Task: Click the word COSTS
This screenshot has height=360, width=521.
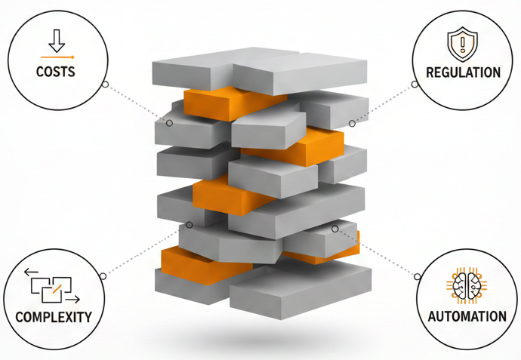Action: click(x=55, y=72)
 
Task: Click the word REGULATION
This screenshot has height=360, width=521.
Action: click(x=463, y=73)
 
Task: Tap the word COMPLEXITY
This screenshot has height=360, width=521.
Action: click(x=54, y=316)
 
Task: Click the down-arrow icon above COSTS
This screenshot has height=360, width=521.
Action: click(x=56, y=39)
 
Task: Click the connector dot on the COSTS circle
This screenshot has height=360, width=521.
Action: click(x=105, y=84)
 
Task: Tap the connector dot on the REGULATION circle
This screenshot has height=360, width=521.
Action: click(x=415, y=84)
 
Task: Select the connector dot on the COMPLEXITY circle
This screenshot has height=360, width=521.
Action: click(x=103, y=276)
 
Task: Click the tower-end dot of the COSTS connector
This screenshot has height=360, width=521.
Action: click(x=169, y=123)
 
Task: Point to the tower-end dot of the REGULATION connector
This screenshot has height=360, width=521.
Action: click(x=352, y=123)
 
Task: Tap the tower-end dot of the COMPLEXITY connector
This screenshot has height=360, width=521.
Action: click(x=190, y=225)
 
